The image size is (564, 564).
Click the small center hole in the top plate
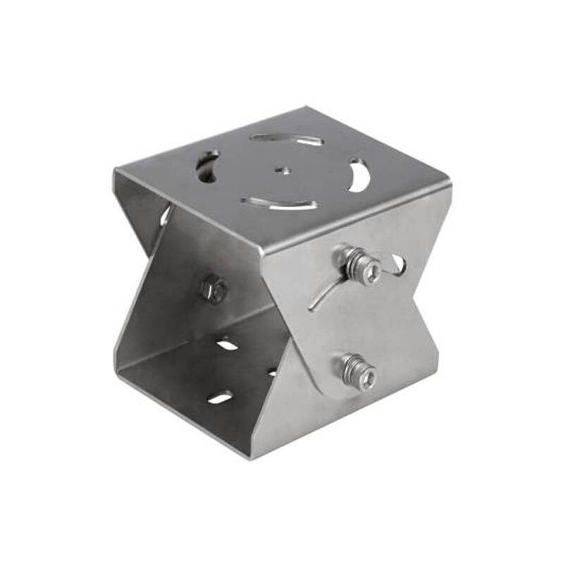[x=283, y=169]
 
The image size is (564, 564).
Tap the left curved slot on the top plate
[x=208, y=166]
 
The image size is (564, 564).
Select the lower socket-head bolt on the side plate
[x=357, y=372]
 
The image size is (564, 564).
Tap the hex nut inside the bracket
[x=214, y=289]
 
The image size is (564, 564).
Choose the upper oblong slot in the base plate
[x=227, y=345]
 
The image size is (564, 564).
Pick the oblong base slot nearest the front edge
[x=221, y=398]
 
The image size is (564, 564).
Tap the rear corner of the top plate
[x=307, y=108]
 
